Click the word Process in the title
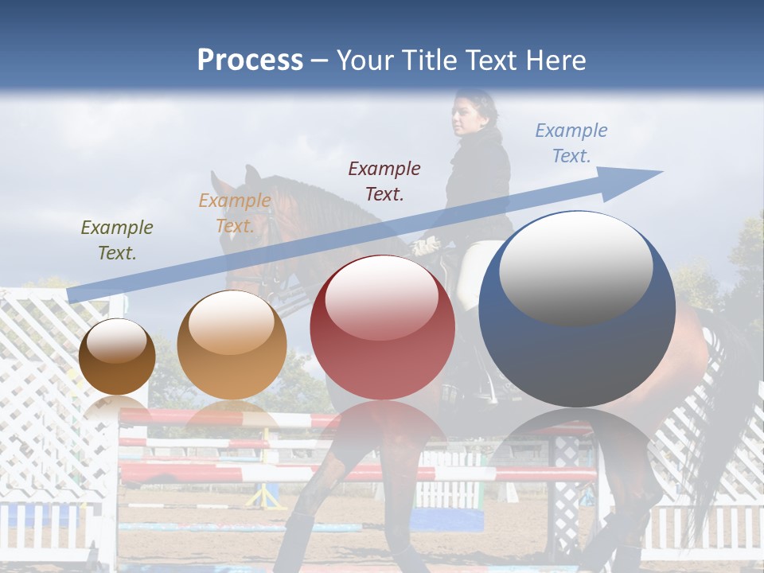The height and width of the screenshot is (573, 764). pyautogui.click(x=250, y=60)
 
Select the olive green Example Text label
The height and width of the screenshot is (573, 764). pyautogui.click(x=116, y=240)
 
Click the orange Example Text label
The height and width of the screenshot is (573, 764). pyautogui.click(x=234, y=213)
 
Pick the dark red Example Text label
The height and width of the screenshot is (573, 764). pyautogui.click(x=384, y=181)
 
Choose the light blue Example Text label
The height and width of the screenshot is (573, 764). pyautogui.click(x=571, y=143)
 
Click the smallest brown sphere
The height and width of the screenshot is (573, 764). pyautogui.click(x=118, y=357)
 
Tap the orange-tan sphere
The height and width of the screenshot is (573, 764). pyautogui.click(x=232, y=345)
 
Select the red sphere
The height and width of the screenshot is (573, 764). pyautogui.click(x=382, y=328)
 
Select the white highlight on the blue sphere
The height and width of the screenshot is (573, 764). pyautogui.click(x=575, y=267)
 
